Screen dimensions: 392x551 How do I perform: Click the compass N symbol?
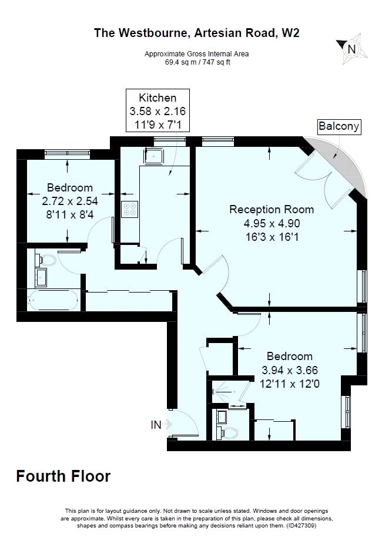pos(351,49)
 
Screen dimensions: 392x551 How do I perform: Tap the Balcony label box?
pos(339,126)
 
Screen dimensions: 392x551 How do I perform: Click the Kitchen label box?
pos(158,110)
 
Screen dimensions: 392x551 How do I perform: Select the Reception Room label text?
pos(272,210)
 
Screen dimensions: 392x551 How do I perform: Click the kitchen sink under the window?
pos(153,156)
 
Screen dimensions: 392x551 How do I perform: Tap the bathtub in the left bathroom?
pos(53,300)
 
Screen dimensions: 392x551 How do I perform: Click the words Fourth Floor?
pos(63,476)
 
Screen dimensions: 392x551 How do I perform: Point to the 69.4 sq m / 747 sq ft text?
pos(197,62)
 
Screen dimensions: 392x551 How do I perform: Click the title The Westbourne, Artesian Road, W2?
pos(197,33)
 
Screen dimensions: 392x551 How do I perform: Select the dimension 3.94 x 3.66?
pos(290,370)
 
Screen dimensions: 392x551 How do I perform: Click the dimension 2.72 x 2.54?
pos(70,201)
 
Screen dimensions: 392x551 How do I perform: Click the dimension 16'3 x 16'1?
pos(272,237)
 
